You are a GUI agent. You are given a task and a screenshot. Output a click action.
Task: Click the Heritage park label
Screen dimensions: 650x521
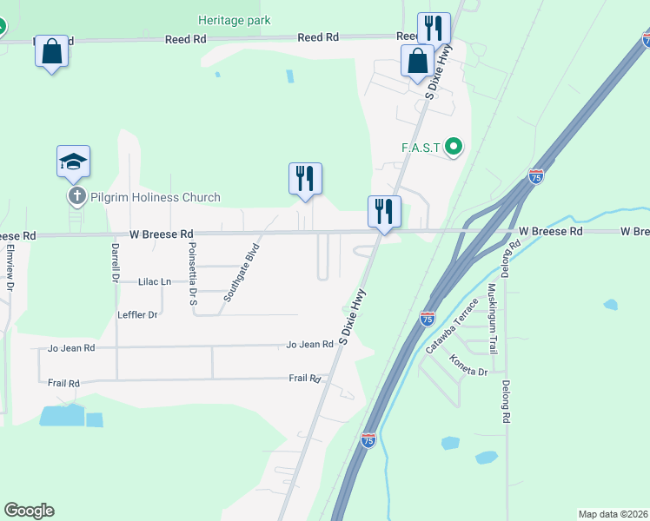point(234,20)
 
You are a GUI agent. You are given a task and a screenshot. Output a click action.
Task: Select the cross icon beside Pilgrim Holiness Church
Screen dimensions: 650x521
point(76,197)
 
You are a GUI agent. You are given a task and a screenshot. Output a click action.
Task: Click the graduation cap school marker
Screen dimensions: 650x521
point(74,161)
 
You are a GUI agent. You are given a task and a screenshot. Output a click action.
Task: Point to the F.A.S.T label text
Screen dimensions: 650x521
point(421,147)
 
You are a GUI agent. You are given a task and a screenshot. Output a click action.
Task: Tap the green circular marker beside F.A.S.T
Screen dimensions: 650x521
point(453,147)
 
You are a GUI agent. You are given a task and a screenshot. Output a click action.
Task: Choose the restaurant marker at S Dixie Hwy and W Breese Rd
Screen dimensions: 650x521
point(383,211)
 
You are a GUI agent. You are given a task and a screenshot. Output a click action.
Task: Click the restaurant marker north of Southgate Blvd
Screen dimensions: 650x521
point(305,178)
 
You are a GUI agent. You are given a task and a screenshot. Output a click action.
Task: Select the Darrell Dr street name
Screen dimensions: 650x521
point(115,263)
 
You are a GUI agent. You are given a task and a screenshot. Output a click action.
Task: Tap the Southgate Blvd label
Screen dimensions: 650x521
point(242,274)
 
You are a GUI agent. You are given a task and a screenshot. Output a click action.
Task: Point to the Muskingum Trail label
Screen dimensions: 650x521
point(492,318)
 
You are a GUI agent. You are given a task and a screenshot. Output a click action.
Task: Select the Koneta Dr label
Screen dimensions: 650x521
point(468,365)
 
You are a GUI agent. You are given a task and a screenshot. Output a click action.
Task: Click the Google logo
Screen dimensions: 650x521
point(29,511)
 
